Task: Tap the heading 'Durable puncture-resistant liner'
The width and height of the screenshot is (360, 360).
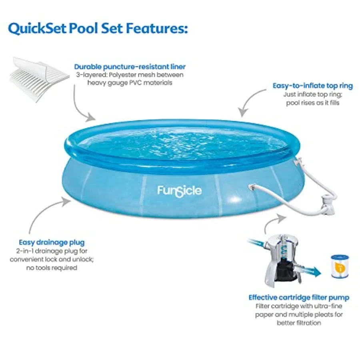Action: tap(130, 67)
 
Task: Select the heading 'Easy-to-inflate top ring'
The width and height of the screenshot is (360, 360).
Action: tap(312, 86)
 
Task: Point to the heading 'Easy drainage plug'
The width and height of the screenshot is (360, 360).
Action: tap(52, 242)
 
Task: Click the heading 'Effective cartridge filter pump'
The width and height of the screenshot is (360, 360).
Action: tap(299, 297)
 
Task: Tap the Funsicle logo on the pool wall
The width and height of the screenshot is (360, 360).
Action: tap(179, 190)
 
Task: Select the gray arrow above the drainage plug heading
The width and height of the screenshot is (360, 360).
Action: tap(52, 212)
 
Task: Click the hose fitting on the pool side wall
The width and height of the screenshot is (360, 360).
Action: tap(252, 187)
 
